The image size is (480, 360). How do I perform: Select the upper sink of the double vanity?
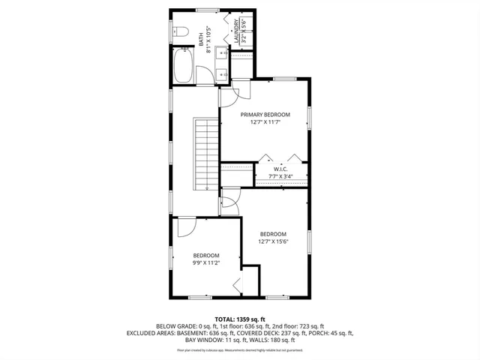click(222, 53)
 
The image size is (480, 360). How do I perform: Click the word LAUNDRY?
click(236, 31)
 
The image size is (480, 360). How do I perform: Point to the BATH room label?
click(200, 35)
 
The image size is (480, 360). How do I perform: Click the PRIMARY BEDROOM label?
click(265, 115)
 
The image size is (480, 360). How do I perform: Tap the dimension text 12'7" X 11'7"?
click(265, 123)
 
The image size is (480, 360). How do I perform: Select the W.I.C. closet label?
click(280, 169)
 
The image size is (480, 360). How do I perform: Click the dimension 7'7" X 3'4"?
click(280, 177)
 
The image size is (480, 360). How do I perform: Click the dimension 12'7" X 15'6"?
click(274, 241)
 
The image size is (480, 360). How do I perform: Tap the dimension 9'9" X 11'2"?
click(206, 263)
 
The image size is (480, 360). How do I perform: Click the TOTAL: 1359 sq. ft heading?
click(239, 318)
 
